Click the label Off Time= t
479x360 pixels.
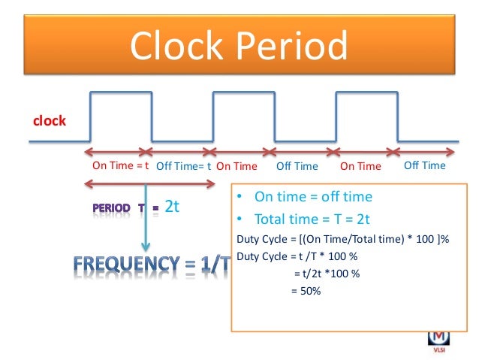(183, 166)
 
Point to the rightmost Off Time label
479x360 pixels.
(424, 165)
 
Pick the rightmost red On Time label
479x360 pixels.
(361, 166)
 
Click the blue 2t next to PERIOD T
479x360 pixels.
(172, 207)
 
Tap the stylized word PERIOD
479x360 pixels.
(112, 207)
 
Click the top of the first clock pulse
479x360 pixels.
(121, 92)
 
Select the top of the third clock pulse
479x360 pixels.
(366, 92)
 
